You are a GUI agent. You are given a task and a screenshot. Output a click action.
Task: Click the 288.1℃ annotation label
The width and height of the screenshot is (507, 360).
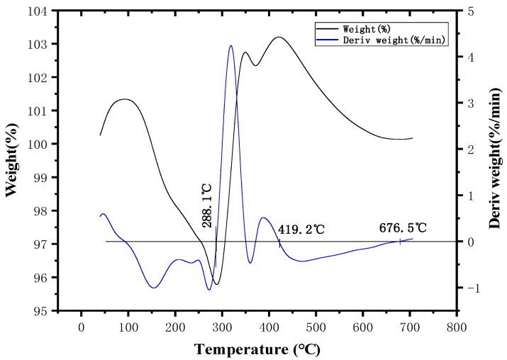[207, 205]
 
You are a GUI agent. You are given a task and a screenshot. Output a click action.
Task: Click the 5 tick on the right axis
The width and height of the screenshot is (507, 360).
[471, 11]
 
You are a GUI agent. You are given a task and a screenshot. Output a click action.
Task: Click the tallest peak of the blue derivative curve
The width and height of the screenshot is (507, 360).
[230, 46]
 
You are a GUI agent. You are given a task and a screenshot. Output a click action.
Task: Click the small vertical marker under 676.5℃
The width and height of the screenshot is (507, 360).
[401, 242]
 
